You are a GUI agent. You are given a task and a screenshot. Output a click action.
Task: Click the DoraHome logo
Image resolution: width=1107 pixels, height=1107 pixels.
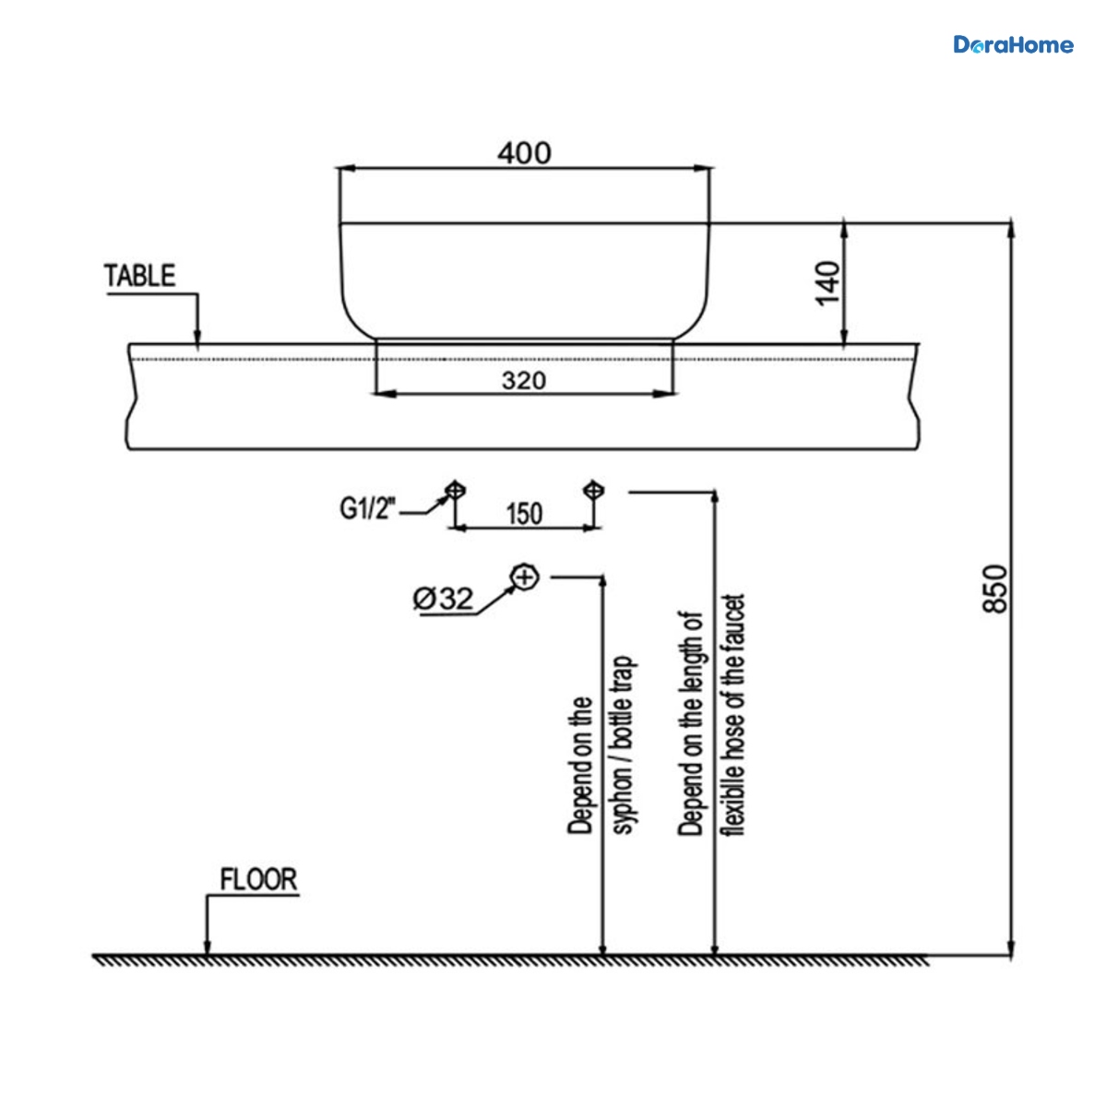tap(1013, 45)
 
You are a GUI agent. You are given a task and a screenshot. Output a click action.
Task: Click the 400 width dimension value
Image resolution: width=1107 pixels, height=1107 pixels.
tap(524, 153)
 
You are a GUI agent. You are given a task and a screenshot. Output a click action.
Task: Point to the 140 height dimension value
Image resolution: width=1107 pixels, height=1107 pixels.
tap(827, 283)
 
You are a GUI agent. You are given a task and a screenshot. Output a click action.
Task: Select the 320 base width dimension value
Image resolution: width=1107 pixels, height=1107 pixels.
tap(523, 380)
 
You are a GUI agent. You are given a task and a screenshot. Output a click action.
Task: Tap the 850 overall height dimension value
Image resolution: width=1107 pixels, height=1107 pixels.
tap(995, 589)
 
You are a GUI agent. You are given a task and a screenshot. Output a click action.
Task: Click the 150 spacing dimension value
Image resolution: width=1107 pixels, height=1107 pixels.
tap(524, 514)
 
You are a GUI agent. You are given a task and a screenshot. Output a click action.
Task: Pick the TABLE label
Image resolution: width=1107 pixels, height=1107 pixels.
tap(139, 276)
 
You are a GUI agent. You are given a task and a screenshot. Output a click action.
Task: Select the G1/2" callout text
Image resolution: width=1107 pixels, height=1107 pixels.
tap(368, 508)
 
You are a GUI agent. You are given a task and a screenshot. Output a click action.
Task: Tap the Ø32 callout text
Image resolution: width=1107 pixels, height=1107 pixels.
tap(443, 599)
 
